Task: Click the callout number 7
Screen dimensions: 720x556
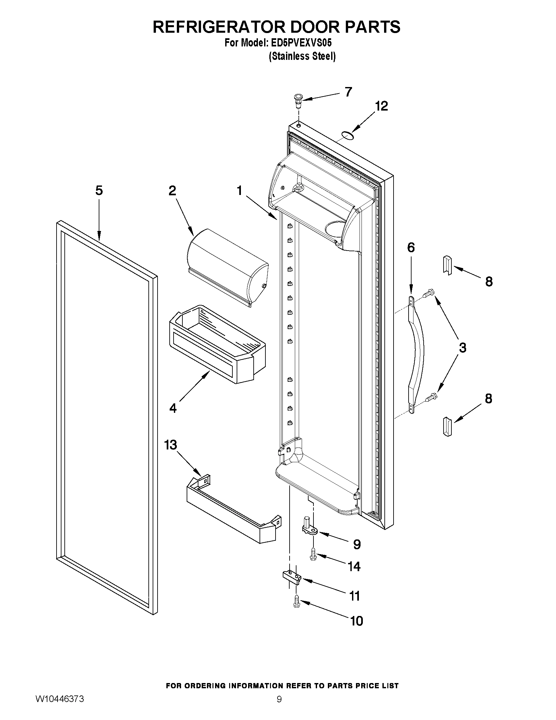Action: [348, 92]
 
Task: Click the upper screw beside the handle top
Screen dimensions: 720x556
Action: [429, 293]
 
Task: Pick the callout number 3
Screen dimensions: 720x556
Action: [463, 347]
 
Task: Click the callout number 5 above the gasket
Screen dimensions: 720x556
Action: [99, 190]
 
